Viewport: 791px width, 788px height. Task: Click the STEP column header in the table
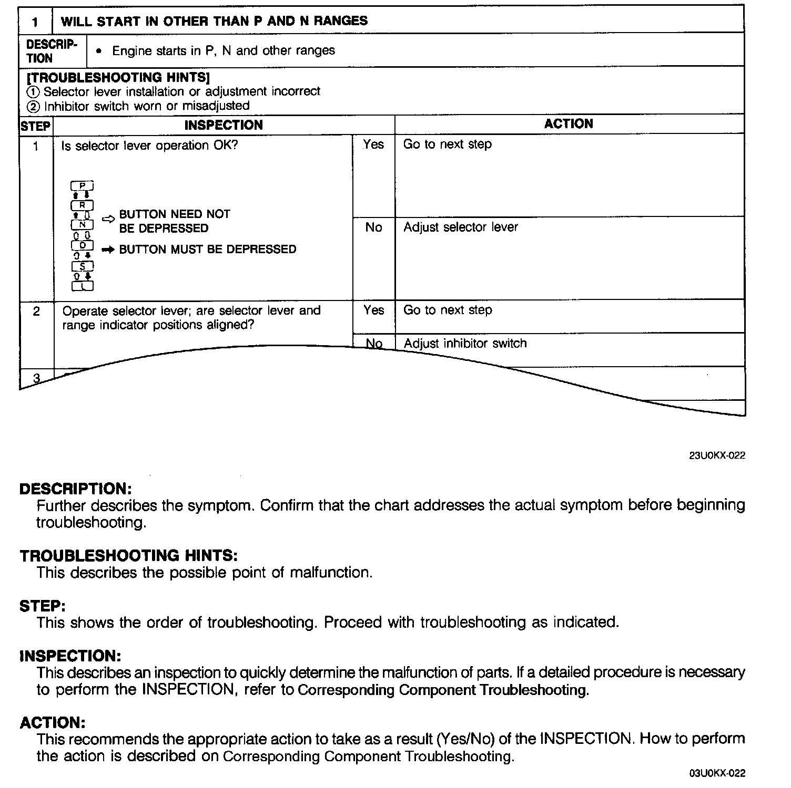(36, 126)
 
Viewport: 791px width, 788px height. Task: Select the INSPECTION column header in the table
(224, 125)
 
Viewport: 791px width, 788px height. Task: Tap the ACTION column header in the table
(569, 124)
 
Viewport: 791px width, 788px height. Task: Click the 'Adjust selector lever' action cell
(461, 227)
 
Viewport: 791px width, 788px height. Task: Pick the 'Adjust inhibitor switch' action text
(465, 344)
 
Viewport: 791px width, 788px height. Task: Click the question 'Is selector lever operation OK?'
(149, 146)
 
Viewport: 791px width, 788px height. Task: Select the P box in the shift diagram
(83, 186)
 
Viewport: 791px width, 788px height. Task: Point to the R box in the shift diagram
(83, 205)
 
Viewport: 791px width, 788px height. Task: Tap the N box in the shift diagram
(83, 225)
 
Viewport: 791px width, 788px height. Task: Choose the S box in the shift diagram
(83, 266)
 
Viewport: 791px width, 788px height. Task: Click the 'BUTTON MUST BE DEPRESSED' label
(208, 250)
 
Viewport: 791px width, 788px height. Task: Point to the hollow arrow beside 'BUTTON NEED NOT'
(108, 220)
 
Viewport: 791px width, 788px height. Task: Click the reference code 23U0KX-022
(717, 455)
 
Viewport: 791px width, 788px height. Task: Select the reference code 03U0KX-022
(717, 773)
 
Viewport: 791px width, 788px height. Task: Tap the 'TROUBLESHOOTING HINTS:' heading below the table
(129, 555)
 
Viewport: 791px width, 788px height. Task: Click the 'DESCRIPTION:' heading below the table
(75, 489)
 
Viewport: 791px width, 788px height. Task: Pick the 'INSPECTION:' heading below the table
(70, 656)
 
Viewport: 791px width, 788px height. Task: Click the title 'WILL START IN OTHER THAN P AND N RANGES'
(214, 21)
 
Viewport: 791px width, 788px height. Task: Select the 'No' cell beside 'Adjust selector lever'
(373, 227)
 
